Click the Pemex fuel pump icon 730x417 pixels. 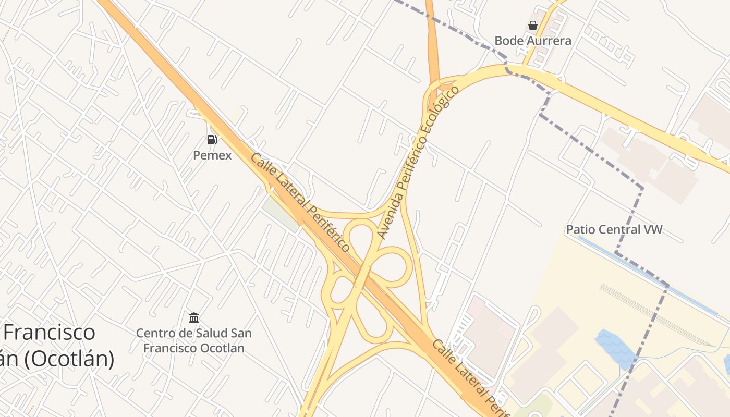pyautogui.click(x=212, y=139)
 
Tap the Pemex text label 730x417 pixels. pyautogui.click(x=212, y=155)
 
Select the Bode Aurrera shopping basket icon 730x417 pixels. pyautogui.click(x=532, y=26)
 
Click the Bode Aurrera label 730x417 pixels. pyautogui.click(x=532, y=41)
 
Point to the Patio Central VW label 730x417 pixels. pyautogui.click(x=614, y=229)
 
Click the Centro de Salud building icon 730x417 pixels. pyautogui.click(x=194, y=317)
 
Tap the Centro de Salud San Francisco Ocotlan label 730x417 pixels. pyautogui.click(x=193, y=340)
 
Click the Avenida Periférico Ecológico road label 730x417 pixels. pyautogui.click(x=418, y=162)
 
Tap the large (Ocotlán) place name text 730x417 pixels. pyautogui.click(x=60, y=359)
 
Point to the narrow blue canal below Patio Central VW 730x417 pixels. pyautogui.click(x=641, y=271)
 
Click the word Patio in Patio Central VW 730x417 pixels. pyautogui.click(x=580, y=229)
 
